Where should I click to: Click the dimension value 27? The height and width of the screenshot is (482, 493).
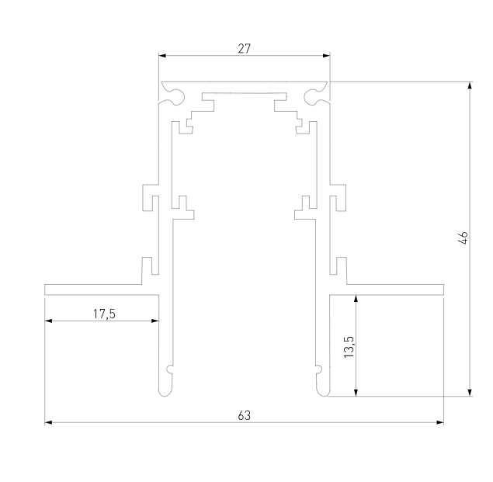click(x=245, y=49)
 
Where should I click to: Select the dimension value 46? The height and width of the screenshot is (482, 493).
click(x=463, y=238)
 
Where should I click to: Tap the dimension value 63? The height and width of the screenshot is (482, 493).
click(x=245, y=416)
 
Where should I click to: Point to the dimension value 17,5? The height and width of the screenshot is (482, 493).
click(x=104, y=314)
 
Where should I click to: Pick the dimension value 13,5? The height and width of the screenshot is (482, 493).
click(x=349, y=346)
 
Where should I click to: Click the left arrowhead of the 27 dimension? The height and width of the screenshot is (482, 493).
click(x=162, y=56)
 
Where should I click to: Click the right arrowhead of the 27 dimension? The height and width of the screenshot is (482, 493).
click(x=326, y=56)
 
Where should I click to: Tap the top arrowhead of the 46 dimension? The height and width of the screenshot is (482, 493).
click(x=470, y=85)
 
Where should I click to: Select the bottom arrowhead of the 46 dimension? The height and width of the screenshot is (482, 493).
click(x=470, y=393)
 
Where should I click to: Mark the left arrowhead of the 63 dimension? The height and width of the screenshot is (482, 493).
click(x=48, y=422)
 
